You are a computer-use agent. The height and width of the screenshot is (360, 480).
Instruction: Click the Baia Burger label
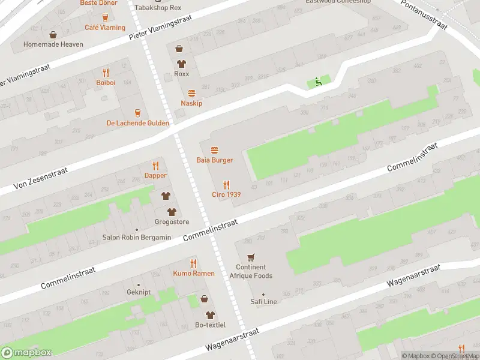(x=214, y=160)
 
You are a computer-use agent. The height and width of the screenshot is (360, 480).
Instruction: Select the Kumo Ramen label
(x=193, y=274)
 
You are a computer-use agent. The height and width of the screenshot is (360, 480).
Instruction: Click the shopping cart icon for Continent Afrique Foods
(x=251, y=256)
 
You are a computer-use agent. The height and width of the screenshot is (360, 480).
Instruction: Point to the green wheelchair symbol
(x=318, y=83)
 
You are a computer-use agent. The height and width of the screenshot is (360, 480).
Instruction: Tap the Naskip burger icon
(x=191, y=93)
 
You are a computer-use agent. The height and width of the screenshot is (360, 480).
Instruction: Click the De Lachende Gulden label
(x=138, y=123)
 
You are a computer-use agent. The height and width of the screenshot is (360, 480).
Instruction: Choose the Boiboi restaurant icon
(x=106, y=73)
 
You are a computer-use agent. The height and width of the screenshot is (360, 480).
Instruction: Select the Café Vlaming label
(x=105, y=28)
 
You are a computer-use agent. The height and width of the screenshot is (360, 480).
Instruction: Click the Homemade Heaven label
(x=53, y=44)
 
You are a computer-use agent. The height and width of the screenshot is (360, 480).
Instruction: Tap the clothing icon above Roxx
(x=181, y=63)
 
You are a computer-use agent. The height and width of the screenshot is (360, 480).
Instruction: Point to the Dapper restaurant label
(x=155, y=176)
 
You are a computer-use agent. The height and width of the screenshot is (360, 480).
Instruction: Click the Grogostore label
(x=172, y=222)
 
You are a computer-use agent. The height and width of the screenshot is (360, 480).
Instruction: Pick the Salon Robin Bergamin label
(x=136, y=238)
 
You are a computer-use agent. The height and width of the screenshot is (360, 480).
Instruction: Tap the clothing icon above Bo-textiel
(x=210, y=314)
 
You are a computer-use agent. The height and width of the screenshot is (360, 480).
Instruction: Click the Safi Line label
(x=263, y=302)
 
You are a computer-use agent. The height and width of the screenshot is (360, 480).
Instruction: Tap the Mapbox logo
(x=26, y=353)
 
